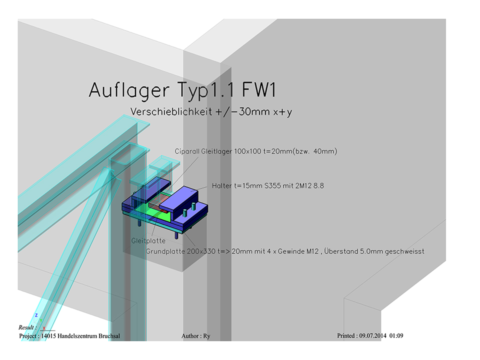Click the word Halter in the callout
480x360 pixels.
(221, 185)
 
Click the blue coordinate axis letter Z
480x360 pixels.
(36, 315)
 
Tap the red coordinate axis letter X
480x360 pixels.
(44, 328)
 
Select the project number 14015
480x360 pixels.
(47, 335)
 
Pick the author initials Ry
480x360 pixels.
(206, 335)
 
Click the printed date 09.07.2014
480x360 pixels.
(373, 335)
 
